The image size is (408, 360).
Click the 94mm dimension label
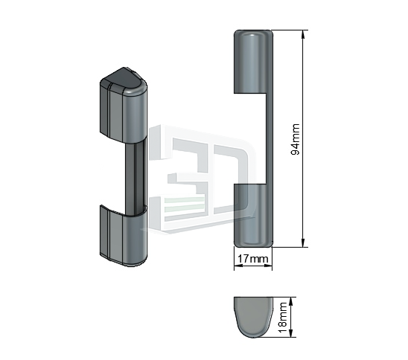(295, 139)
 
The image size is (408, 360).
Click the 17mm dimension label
(252, 259)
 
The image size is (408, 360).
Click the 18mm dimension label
(282, 317)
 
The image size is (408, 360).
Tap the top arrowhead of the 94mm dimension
(302, 34)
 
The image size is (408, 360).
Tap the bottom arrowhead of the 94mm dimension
(302, 243)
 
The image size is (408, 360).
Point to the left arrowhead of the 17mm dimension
(238, 266)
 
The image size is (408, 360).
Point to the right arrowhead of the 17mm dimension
(268, 266)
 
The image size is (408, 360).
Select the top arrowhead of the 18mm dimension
(291, 301)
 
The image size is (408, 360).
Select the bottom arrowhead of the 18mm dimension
(291, 333)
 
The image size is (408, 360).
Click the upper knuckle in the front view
(253, 61)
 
